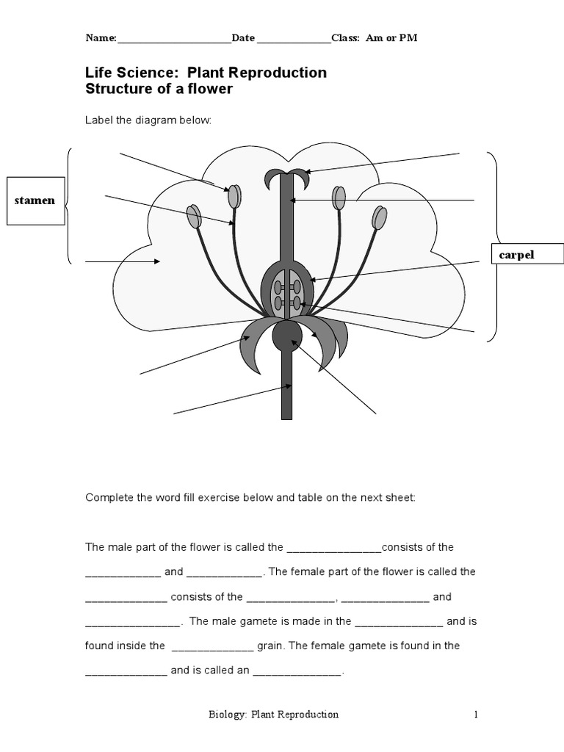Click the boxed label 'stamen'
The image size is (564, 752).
[35, 200]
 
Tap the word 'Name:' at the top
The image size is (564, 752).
[101, 38]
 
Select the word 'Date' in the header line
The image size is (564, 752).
[243, 38]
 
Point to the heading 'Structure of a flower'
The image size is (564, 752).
[159, 90]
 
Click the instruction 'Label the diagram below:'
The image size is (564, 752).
[148, 120]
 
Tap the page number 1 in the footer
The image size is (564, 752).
[476, 714]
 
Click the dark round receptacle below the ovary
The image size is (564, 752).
[287, 336]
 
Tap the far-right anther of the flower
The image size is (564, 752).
[379, 217]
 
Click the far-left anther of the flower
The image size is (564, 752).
[194, 217]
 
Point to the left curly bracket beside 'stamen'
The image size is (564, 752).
[68, 206]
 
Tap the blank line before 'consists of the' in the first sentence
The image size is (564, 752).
[334, 548]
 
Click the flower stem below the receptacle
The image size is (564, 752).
[287, 389]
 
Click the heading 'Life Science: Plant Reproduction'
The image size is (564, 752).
[206, 73]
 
